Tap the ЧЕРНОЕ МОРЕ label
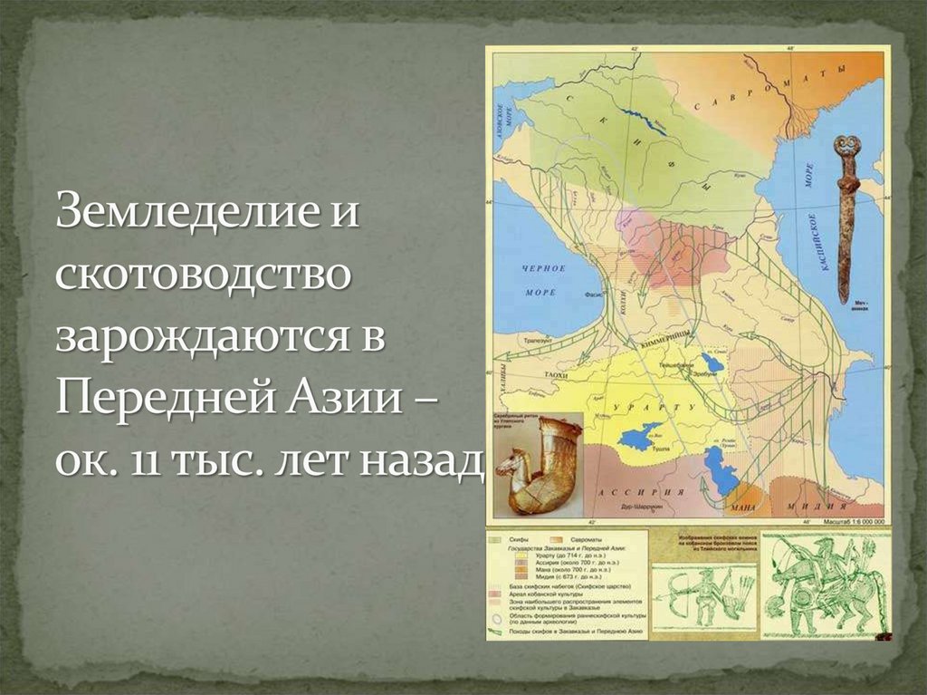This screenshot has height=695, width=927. [x=544, y=280]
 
